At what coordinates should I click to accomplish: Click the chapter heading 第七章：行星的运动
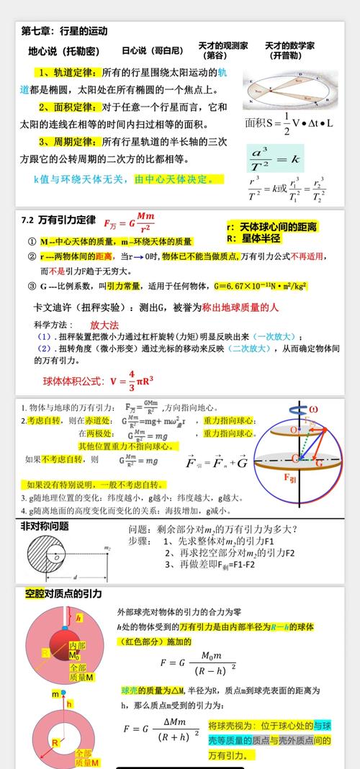pos(63,31)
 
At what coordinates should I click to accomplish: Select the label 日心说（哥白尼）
pos(152,51)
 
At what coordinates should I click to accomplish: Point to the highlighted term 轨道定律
pos(72,73)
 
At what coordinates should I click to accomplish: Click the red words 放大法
pos(104,325)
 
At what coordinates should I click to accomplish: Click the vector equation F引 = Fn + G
pos(216,462)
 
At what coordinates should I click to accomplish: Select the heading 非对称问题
pos(45,526)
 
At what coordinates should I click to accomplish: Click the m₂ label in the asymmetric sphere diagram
pos(107,548)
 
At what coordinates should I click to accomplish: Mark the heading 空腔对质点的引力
pos(63,594)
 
